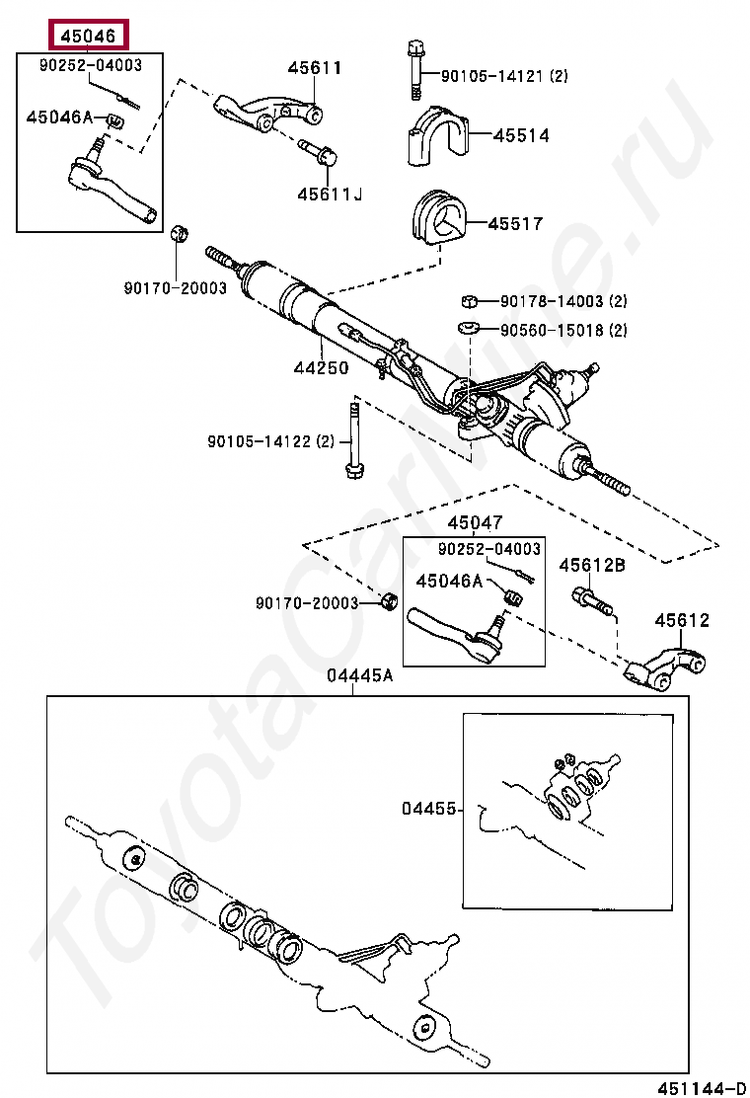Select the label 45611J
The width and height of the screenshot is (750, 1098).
tap(329, 195)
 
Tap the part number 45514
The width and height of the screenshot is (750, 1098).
tap(521, 136)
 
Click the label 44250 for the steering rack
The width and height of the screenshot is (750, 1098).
tap(320, 368)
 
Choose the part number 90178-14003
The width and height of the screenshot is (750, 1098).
tap(551, 302)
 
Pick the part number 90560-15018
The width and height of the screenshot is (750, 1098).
tap(551, 330)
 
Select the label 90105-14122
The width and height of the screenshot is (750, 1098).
tap(261, 441)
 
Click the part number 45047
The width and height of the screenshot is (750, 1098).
tap(474, 523)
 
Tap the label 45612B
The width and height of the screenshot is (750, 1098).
tap(592, 566)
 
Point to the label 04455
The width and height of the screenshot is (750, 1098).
tap(428, 808)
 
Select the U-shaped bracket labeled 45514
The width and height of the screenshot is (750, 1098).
tap(434, 137)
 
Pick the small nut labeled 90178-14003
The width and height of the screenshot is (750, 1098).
tap(471, 301)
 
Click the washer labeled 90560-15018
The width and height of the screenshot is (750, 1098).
tap(469, 329)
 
